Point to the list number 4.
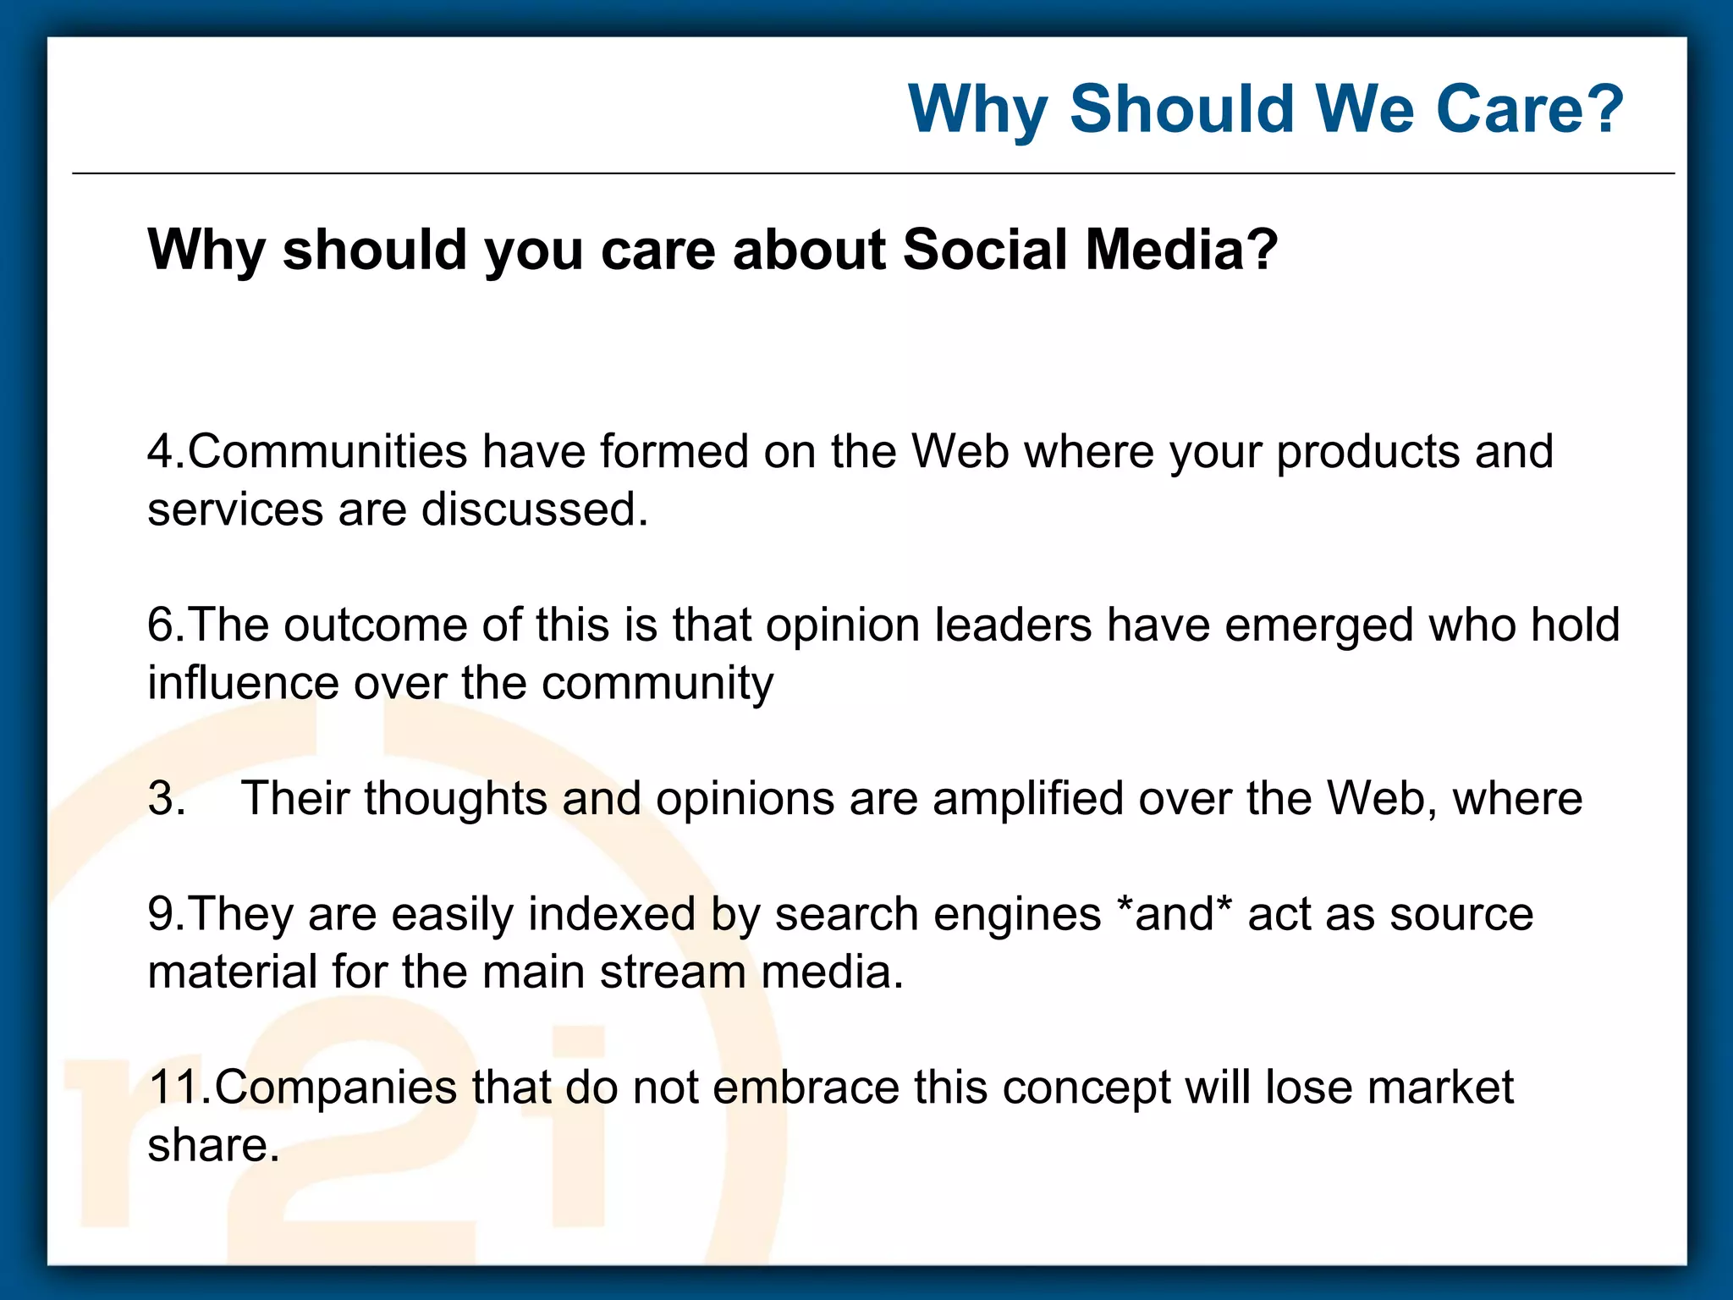click(162, 451)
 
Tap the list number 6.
click(162, 625)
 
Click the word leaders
click(1014, 625)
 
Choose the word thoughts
click(456, 797)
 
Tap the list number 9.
click(162, 914)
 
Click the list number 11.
click(176, 1087)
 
